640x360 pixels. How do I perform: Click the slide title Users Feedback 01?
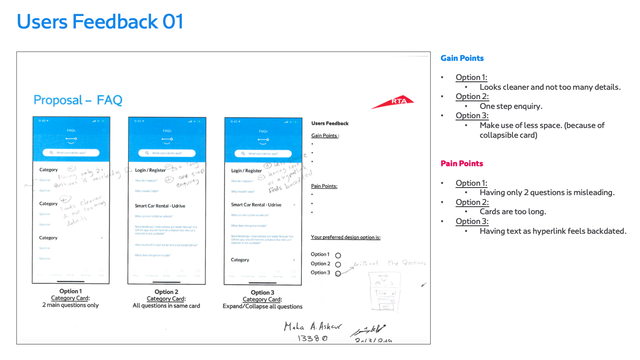[x=100, y=22]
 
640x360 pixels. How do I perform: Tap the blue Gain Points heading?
[x=462, y=58]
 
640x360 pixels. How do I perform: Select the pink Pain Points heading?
[x=462, y=164]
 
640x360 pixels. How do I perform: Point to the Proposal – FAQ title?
[x=78, y=100]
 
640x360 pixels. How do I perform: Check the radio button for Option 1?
[x=338, y=256]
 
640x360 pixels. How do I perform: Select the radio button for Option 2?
[x=338, y=264]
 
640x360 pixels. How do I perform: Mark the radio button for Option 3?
[x=338, y=273]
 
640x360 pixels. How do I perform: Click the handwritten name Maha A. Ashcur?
[x=313, y=327]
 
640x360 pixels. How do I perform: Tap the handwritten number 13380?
[x=313, y=339]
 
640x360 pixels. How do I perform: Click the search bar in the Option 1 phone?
[x=71, y=153]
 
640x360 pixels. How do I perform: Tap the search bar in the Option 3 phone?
[x=263, y=153]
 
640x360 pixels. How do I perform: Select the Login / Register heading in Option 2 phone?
[x=150, y=170]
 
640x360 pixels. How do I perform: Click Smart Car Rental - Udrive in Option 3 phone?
[x=256, y=205]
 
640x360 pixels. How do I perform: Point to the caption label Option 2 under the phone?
[x=166, y=292]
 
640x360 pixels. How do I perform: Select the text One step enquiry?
[x=511, y=106]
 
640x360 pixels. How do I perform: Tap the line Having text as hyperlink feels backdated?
[x=553, y=231]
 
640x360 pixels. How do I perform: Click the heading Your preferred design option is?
[x=345, y=237]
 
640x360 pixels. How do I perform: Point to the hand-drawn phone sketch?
[x=383, y=293]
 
